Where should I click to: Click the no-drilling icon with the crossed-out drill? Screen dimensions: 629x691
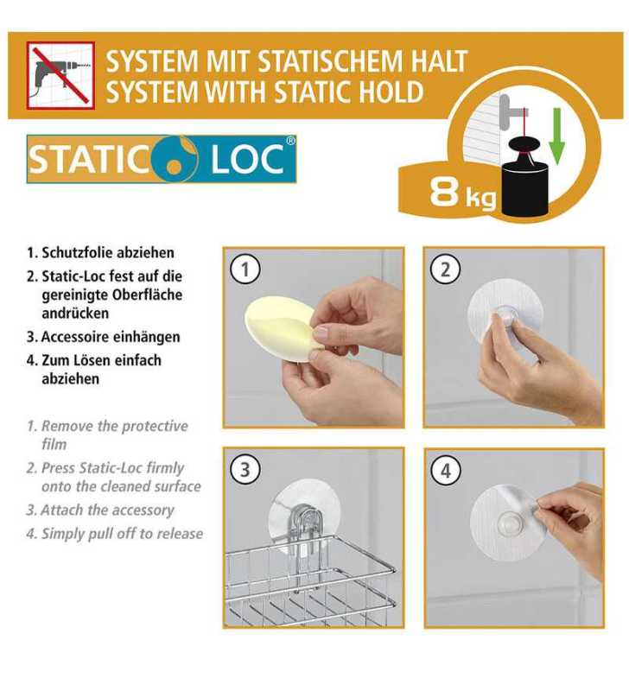pos(60,75)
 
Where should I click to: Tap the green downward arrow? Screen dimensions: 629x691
pos(556,136)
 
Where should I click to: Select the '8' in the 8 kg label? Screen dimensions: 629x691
pos(445,192)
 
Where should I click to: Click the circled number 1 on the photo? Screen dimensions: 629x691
pos(245,269)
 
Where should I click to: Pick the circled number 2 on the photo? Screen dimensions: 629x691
pos(445,269)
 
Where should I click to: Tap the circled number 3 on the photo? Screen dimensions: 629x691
pos(245,470)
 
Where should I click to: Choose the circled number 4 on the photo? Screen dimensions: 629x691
pos(446,471)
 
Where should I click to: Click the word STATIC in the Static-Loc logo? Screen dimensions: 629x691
pos(88,159)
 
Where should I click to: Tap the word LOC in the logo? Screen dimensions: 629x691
pos(247,159)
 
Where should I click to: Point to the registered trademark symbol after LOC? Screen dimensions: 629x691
pos(290,141)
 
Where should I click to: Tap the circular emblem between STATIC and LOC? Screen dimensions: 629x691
pos(175,158)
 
